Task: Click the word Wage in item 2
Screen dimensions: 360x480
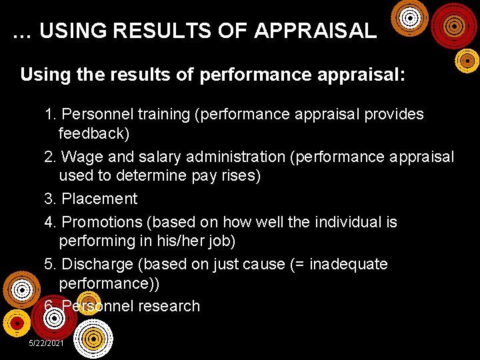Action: (x=80, y=157)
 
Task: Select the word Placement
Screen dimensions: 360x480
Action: (x=99, y=199)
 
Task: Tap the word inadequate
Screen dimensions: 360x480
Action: (x=348, y=265)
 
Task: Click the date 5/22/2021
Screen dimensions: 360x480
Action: (x=46, y=343)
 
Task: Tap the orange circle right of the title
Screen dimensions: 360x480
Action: (x=409, y=18)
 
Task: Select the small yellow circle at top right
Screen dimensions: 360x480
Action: (x=467, y=61)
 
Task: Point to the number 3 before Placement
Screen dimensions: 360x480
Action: (x=49, y=199)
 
